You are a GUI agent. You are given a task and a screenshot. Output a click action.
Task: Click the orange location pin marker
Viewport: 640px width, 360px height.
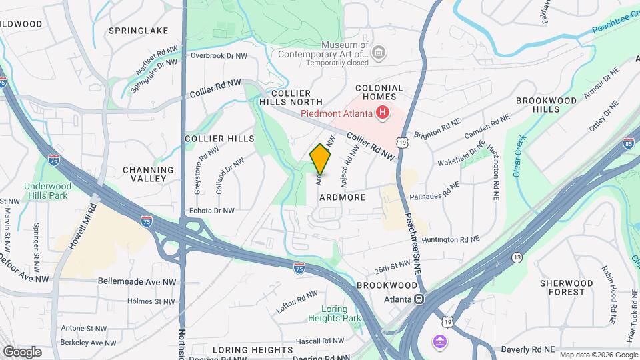(x=321, y=159)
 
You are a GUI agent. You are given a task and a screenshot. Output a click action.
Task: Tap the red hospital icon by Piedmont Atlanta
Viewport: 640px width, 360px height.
(x=382, y=113)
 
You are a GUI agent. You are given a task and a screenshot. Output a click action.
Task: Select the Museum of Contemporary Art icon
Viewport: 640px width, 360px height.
(x=379, y=52)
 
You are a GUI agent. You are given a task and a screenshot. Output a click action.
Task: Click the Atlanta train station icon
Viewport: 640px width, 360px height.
(x=419, y=299)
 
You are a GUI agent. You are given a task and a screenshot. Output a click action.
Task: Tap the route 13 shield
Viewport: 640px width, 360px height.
(x=517, y=257)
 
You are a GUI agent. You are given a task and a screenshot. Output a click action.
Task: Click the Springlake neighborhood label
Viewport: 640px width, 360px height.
(x=138, y=31)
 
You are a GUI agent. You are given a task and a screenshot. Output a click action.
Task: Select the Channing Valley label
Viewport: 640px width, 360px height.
(x=148, y=174)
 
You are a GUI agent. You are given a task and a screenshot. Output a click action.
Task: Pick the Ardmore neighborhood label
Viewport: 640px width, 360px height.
(x=343, y=197)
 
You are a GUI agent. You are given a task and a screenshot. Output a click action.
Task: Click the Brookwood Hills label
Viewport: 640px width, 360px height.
(x=546, y=104)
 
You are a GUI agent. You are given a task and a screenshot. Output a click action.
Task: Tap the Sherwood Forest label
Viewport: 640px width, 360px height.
(x=566, y=287)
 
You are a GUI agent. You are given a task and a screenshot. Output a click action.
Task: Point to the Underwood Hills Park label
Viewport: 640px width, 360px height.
(x=46, y=191)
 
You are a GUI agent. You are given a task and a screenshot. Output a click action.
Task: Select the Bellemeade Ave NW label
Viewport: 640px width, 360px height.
(x=137, y=282)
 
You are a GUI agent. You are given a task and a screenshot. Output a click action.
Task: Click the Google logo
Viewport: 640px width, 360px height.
(x=22, y=351)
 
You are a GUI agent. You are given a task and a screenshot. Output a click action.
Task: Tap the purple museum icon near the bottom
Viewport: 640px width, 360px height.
(x=439, y=343)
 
